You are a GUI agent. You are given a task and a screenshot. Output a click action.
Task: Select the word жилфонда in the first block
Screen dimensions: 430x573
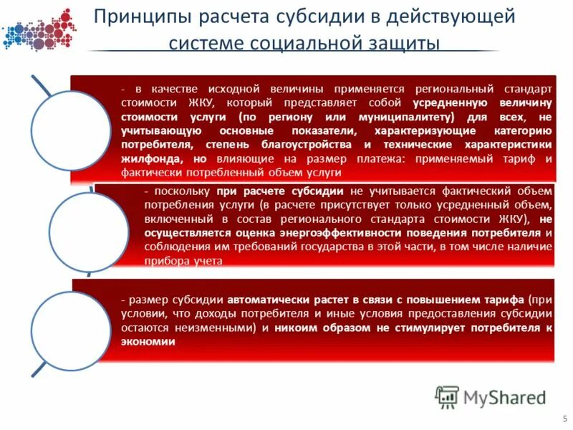(x=148, y=158)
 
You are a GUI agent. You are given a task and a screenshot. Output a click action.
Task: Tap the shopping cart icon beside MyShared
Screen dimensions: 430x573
(x=447, y=396)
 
